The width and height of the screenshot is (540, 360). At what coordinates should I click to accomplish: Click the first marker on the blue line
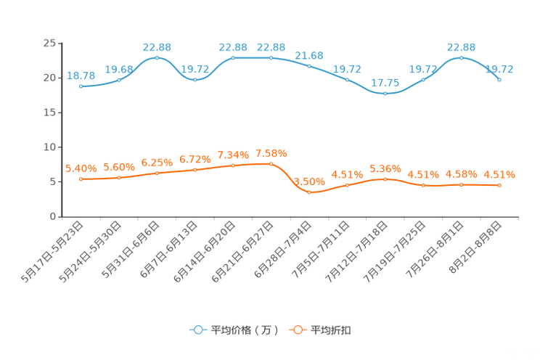coord(81,86)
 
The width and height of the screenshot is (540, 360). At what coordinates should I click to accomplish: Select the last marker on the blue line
coord(499,79)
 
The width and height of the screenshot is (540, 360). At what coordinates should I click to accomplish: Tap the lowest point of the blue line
coord(385,94)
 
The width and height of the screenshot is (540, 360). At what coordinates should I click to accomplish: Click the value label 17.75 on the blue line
coord(385,82)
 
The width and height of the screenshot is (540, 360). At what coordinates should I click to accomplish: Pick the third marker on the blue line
coord(157,57)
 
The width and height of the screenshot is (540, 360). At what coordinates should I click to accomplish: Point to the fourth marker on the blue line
coord(195,79)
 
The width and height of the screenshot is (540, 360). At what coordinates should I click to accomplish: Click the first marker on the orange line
coord(81,179)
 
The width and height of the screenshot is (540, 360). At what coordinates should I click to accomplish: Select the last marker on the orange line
coord(499,186)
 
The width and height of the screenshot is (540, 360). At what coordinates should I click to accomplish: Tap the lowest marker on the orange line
coord(309,193)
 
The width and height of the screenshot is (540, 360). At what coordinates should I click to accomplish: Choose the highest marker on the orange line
coord(271,164)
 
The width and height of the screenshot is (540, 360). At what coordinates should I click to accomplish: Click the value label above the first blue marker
coord(81,75)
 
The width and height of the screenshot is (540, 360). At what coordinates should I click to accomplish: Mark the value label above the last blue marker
coord(499,69)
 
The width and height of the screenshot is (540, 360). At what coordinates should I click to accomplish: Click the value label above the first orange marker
coord(80,168)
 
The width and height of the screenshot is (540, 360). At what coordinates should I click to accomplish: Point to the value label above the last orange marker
coord(499,174)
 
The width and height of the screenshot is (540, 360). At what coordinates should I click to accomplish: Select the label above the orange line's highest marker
coord(271,153)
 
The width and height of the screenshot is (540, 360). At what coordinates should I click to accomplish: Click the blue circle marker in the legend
coord(197,330)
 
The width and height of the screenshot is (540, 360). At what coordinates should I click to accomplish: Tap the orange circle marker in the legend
coord(297,330)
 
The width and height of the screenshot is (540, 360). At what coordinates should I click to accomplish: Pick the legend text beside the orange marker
coord(331,330)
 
